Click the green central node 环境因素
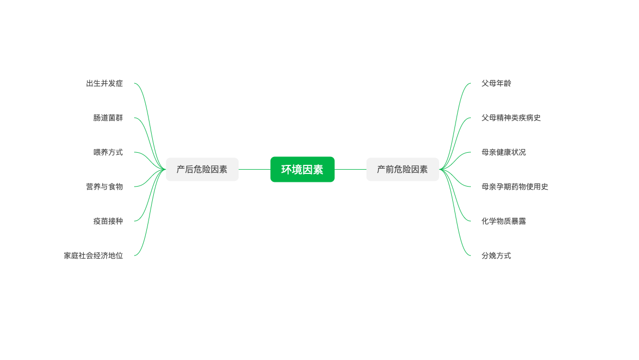point(302,170)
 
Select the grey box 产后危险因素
point(202,170)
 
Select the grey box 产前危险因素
point(402,170)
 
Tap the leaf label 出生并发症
point(104,83)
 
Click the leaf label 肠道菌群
point(108,118)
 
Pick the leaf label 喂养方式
point(108,152)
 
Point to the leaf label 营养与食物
point(104,187)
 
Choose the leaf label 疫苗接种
point(108,221)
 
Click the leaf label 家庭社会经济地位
point(93,256)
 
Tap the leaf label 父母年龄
point(496,83)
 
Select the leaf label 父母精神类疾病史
point(511,118)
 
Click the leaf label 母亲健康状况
point(504,152)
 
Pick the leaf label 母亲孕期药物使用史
point(515,187)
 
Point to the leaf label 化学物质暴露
point(504,221)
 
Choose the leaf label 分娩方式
point(496,256)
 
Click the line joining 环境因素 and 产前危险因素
point(351,170)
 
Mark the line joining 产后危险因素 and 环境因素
point(255,170)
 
